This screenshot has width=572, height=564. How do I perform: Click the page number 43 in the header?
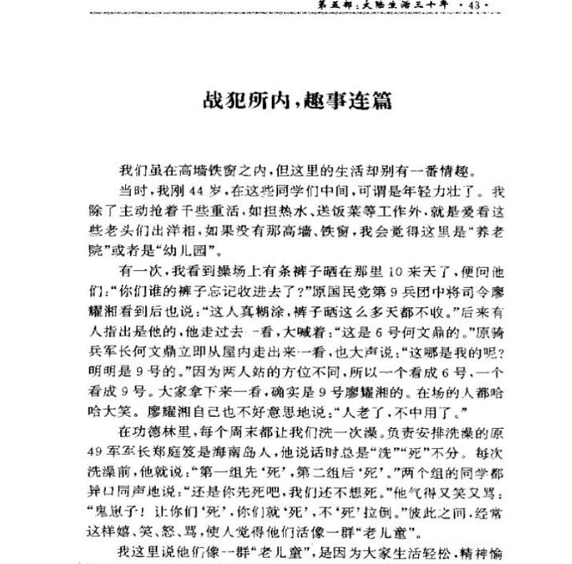[x=475, y=7]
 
